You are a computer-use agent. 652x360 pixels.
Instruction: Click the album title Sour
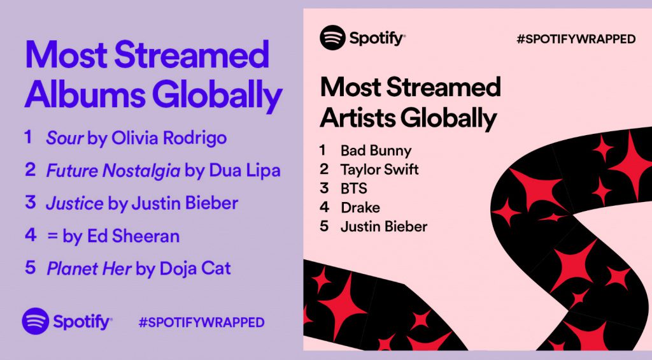click(65, 138)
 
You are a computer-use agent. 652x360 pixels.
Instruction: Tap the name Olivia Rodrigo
click(169, 138)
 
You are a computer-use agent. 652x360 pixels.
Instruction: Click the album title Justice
click(74, 203)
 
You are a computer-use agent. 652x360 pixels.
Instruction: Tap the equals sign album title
click(52, 236)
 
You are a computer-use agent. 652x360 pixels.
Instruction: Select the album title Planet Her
click(89, 268)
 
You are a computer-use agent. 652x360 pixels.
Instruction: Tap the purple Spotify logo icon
click(35, 321)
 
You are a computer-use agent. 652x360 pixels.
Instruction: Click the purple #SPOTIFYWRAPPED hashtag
click(201, 322)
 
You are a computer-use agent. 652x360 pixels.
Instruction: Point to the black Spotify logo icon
click(332, 38)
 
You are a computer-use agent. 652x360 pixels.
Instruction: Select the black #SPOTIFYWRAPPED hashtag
click(576, 39)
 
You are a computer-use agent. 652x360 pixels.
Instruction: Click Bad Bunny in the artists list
click(376, 151)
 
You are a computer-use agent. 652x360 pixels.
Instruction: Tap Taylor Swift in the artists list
click(379, 169)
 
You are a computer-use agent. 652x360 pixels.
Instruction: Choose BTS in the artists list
click(354, 189)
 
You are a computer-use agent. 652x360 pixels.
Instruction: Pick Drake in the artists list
click(360, 207)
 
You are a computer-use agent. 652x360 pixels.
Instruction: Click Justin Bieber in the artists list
click(384, 226)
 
